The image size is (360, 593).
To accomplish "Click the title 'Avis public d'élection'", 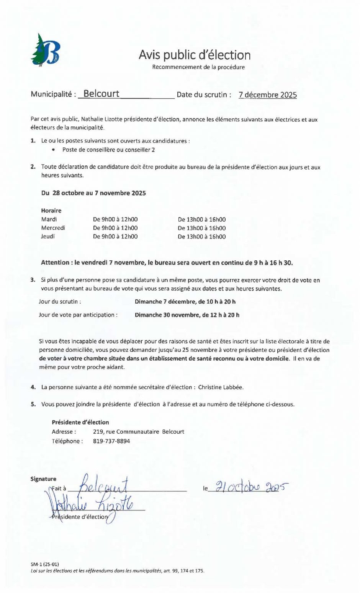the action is (x=195, y=55).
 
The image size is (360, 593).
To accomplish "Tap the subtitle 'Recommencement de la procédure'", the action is (x=198, y=67).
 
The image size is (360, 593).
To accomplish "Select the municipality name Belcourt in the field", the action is (x=101, y=94).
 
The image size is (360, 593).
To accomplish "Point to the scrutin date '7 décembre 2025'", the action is (x=267, y=95).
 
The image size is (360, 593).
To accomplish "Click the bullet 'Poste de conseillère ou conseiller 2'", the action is (x=108, y=150).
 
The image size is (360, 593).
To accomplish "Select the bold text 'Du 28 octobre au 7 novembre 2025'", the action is (x=93, y=193).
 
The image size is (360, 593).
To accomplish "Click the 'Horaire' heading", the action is (x=51, y=211).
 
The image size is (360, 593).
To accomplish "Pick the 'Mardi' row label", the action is (x=49, y=219).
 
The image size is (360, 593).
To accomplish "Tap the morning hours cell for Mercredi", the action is (x=115, y=228).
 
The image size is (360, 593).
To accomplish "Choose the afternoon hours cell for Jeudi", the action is (x=201, y=237).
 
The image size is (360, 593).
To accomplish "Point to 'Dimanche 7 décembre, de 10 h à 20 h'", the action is (x=185, y=302).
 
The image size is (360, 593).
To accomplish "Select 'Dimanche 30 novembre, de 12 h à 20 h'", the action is (x=187, y=315).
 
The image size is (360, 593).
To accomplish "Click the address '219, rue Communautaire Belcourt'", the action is (x=139, y=431).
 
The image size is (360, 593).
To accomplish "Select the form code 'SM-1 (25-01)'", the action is (x=45, y=564).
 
